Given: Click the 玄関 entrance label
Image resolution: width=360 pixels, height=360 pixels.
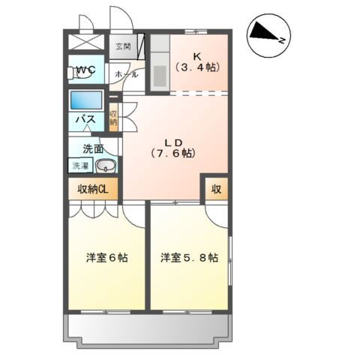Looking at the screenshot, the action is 123,46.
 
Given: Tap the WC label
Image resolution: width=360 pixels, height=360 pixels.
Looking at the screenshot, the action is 85,69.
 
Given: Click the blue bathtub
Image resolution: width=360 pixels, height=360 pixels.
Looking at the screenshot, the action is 86,100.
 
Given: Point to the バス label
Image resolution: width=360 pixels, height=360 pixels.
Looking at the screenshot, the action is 85,119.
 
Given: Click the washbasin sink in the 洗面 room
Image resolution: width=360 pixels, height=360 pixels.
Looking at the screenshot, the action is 106,166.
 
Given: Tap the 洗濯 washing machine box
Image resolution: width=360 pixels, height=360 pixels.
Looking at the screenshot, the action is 80,165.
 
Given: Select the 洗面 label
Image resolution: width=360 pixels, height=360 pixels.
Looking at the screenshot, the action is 93,149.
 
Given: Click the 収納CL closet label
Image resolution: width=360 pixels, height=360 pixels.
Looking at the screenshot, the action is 93,189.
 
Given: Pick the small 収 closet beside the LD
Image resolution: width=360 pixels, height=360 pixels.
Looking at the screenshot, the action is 217,189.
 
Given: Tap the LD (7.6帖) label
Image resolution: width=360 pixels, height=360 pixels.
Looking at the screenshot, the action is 173,148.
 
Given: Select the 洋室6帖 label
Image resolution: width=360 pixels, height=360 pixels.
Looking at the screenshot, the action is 107,258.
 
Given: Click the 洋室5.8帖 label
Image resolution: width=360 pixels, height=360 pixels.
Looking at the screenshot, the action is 189,258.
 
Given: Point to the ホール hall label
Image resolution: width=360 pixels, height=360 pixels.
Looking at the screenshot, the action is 126,74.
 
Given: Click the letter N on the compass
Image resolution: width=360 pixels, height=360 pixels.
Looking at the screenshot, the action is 282,40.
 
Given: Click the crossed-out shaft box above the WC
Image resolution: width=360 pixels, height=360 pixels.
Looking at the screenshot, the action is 86,42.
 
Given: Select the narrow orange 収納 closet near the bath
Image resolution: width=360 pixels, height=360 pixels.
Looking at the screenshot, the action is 113,118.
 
